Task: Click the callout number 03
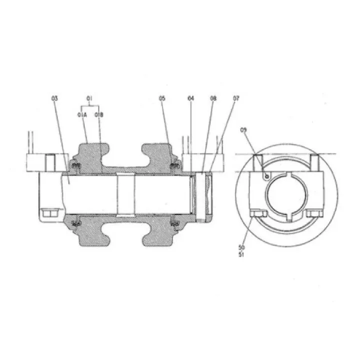(x=54, y=98)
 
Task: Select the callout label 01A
(x=82, y=115)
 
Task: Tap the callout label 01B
(x=98, y=115)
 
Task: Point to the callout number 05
(x=162, y=98)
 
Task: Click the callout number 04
(x=190, y=98)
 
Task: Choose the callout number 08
(x=213, y=98)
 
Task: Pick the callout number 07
(x=235, y=98)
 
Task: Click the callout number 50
(x=242, y=247)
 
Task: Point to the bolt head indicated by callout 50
(x=256, y=214)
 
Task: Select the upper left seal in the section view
(x=75, y=166)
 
